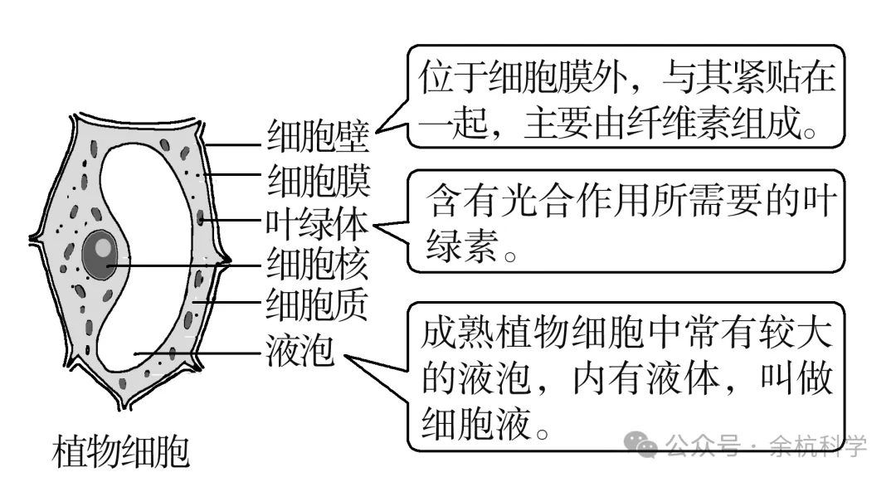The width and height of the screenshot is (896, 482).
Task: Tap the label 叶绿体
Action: coord(318,223)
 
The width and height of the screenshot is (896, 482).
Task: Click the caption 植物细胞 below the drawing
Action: coord(120,453)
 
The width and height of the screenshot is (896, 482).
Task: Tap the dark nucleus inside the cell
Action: coord(100,254)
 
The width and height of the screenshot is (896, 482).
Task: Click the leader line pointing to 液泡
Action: coord(199,353)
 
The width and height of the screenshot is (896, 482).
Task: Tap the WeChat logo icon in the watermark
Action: coord(643,446)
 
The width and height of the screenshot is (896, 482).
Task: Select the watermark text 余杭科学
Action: coord(818,446)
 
